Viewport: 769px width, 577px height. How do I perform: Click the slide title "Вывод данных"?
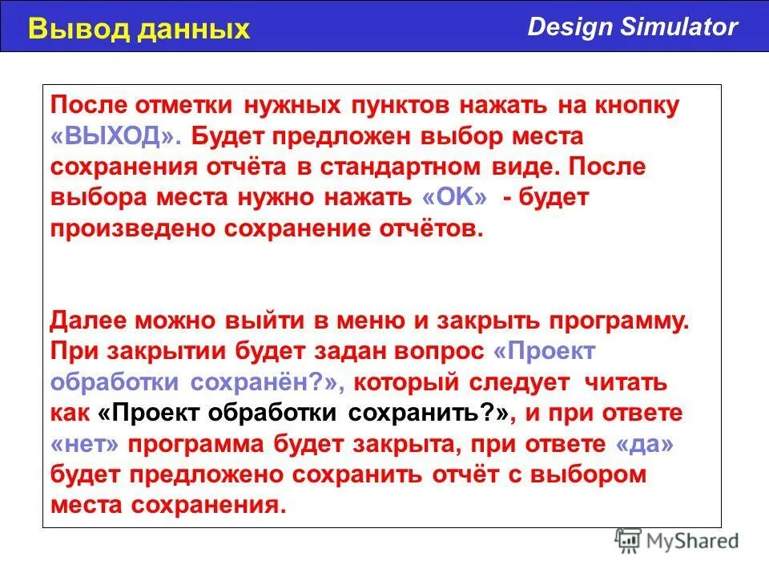point(139,29)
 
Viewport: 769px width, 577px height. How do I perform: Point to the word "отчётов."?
point(432,228)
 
